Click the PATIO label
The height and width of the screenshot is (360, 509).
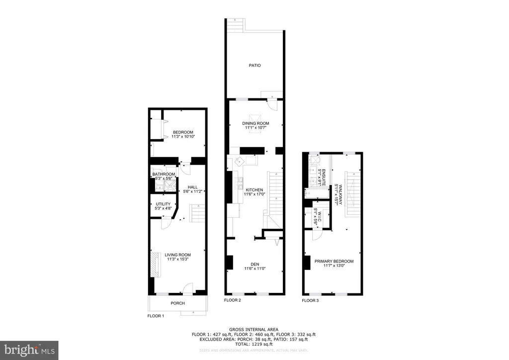click(255, 65)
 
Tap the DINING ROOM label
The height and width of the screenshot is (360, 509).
click(255, 123)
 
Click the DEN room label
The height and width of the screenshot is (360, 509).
click(255, 265)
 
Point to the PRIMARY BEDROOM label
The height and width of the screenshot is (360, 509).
click(334, 261)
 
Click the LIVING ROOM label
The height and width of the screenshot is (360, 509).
click(178, 255)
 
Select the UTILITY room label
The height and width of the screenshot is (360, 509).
click(164, 204)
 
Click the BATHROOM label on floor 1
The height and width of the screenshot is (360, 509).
click(164, 174)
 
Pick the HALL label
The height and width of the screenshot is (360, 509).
click(193, 187)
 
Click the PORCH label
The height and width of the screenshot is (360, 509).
click(177, 303)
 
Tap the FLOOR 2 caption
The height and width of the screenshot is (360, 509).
click(232, 300)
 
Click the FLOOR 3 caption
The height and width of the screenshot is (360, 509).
click(311, 300)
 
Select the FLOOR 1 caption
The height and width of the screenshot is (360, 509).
click(156, 316)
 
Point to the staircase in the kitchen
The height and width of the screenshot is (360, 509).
click(275, 191)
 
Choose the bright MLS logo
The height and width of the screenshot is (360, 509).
click(29, 350)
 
